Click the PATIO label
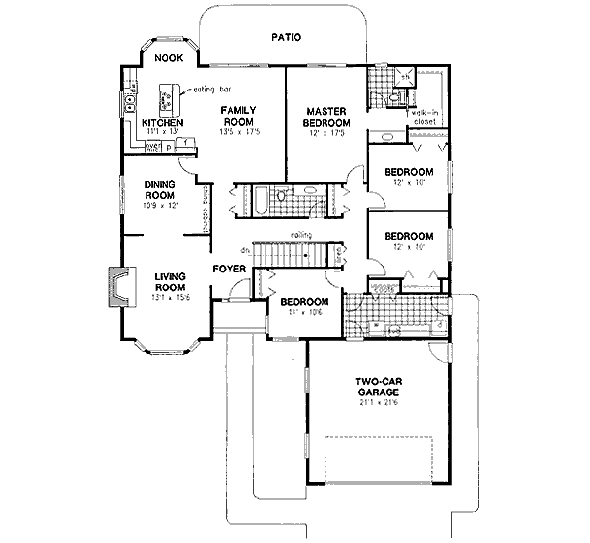tap(285, 38)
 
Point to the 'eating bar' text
tap(210, 90)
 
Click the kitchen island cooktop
tap(166, 99)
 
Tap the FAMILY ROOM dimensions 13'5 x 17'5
tap(239, 131)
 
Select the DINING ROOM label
tap(159, 189)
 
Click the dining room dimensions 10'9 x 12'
tap(159, 205)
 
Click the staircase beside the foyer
tap(291, 254)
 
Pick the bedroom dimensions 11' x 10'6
tap(302, 316)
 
